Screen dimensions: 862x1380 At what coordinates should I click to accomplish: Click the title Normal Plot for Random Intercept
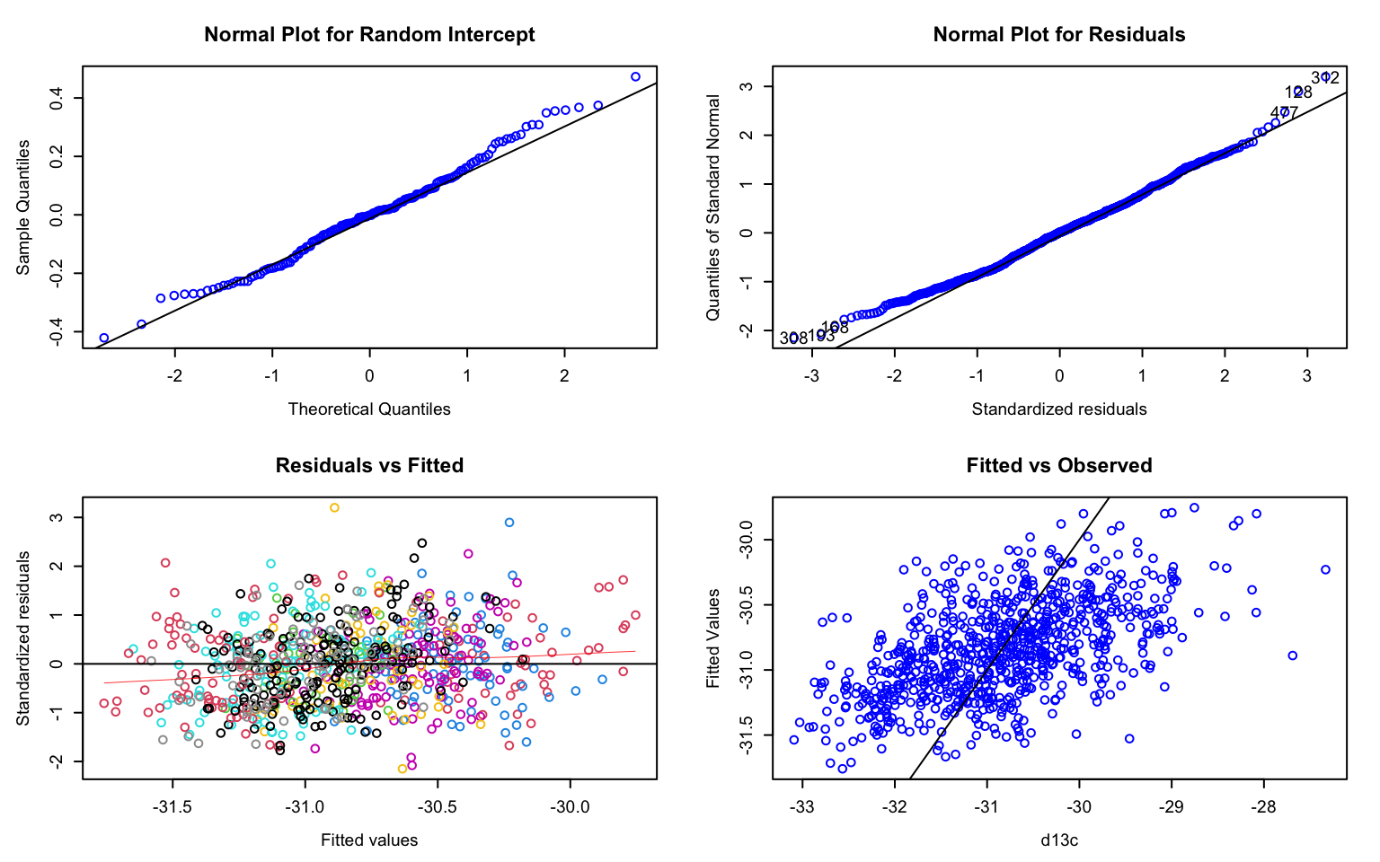click(x=369, y=35)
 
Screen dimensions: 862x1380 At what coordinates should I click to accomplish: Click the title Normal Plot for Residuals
click(x=1058, y=35)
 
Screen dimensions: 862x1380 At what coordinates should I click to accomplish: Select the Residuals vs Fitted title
click(x=369, y=465)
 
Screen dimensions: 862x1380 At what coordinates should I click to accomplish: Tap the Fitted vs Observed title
click(x=1058, y=465)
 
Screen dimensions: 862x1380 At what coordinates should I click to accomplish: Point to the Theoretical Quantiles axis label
click(x=369, y=409)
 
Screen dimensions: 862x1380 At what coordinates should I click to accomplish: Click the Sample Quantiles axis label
click(x=23, y=207)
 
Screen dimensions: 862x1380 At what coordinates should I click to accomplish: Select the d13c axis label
click(x=1058, y=840)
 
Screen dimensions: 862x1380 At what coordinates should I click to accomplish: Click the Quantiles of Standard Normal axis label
click(x=713, y=207)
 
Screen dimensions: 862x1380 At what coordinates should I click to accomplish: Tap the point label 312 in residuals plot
click(x=1324, y=78)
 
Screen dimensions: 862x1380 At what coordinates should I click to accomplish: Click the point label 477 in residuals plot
click(x=1284, y=113)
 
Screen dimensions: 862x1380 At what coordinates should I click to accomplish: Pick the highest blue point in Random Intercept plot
click(x=635, y=77)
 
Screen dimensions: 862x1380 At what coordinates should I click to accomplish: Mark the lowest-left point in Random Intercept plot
click(x=103, y=339)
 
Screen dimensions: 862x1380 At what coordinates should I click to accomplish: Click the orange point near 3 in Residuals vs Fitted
click(x=334, y=507)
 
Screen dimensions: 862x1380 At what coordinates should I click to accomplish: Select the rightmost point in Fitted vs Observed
click(x=1325, y=569)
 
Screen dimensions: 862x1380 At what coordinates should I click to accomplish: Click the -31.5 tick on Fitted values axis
click(x=172, y=806)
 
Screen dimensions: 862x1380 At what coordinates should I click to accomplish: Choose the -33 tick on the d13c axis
click(x=802, y=806)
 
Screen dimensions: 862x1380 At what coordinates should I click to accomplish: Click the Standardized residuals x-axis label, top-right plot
click(x=1058, y=409)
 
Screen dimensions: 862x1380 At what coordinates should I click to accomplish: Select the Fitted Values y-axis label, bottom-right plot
click(x=713, y=638)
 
